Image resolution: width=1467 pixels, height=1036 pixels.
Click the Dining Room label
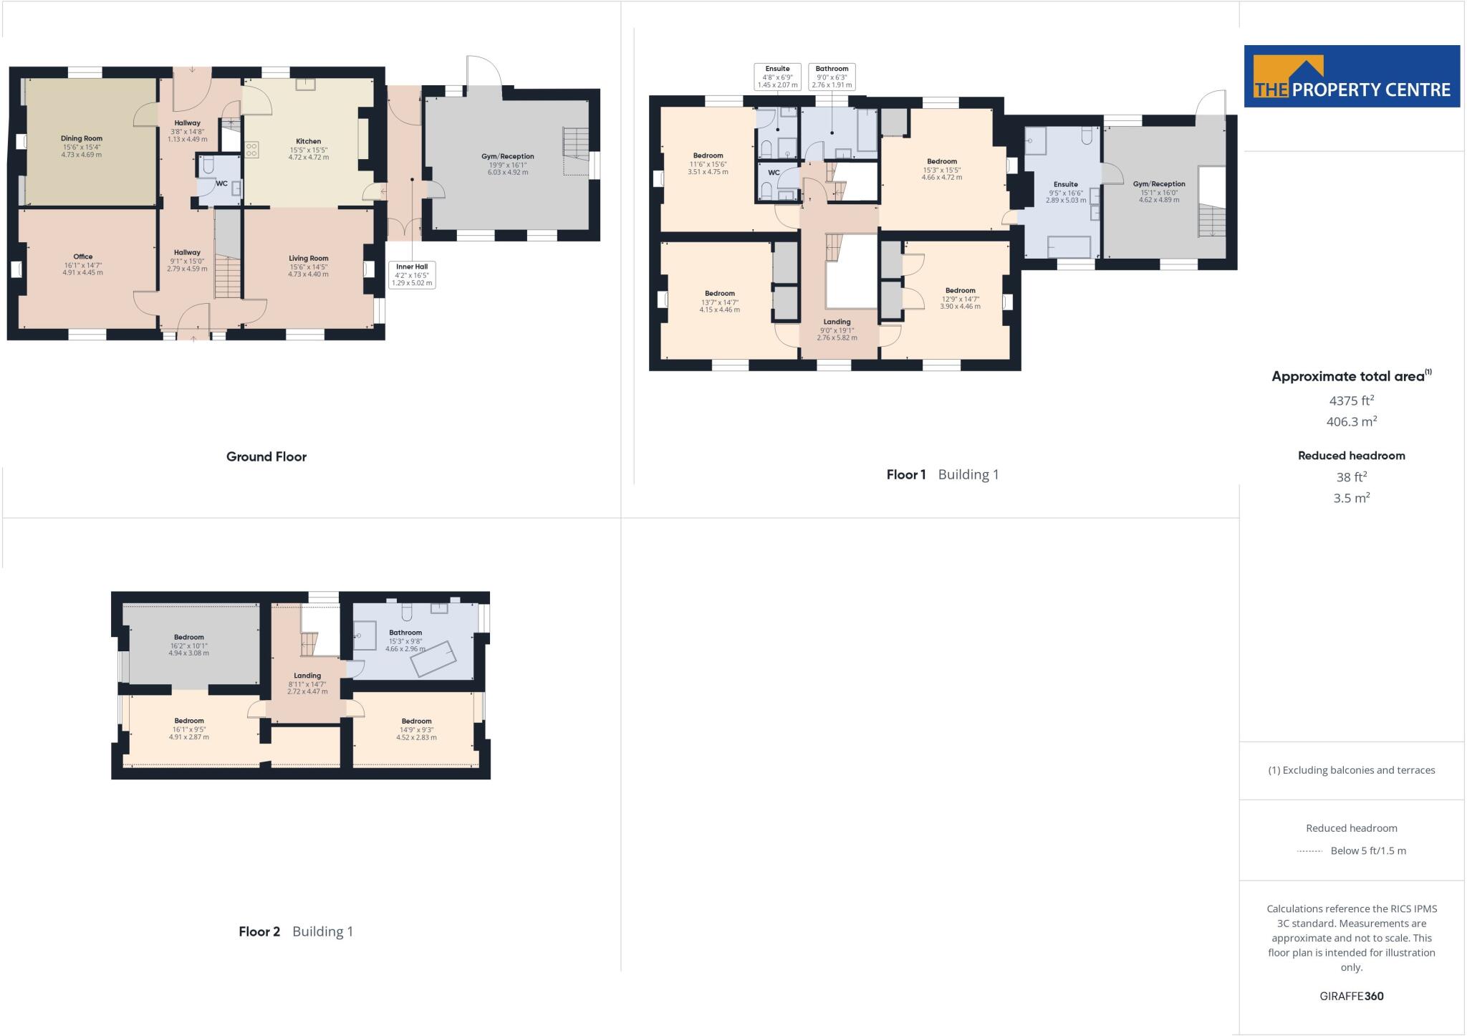[82, 138]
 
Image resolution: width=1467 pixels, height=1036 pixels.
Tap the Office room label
[82, 256]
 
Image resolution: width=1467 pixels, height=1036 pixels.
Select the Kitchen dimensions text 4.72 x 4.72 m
[309, 157]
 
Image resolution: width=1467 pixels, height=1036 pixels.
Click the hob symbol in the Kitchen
[252, 150]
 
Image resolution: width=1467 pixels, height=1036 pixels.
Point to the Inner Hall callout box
[412, 275]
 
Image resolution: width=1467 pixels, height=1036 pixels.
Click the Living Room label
[309, 258]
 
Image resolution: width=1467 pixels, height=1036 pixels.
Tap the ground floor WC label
[221, 183]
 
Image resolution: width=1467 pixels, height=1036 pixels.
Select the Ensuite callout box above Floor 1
[777, 77]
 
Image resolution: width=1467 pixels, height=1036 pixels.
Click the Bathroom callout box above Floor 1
[832, 77]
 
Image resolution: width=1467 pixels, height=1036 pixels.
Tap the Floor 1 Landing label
[837, 322]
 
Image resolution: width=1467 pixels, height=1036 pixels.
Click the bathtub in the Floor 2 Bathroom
[433, 658]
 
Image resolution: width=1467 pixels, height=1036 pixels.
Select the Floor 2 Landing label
[307, 676]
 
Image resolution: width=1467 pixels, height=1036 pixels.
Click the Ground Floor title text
[266, 456]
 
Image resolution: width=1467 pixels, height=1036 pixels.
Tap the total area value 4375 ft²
[1351, 401]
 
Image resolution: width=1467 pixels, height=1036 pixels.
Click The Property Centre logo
[1352, 77]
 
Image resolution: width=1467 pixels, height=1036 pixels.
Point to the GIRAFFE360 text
[1351, 996]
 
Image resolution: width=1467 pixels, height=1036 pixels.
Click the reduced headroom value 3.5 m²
[1351, 498]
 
